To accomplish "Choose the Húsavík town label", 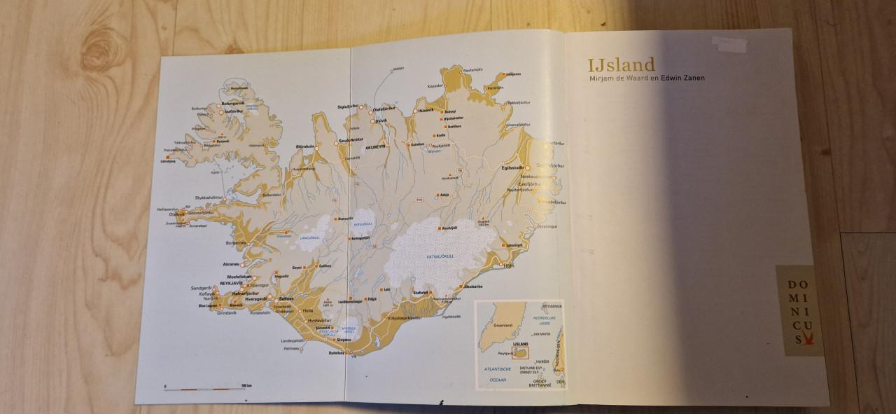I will point(426,110).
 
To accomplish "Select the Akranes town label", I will point(231,265).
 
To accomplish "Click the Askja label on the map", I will point(444,194).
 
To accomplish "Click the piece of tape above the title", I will point(728,43).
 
